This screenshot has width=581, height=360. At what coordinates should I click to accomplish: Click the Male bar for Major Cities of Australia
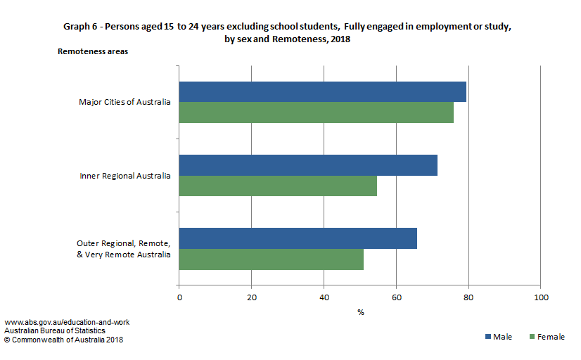click(x=322, y=92)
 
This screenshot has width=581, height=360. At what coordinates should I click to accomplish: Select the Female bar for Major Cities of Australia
click(x=316, y=112)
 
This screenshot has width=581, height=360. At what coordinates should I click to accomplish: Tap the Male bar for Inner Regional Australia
click(x=308, y=165)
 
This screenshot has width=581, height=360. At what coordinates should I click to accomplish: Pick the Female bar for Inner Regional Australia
click(x=278, y=186)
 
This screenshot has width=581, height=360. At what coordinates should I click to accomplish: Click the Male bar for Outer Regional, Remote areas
click(x=298, y=238)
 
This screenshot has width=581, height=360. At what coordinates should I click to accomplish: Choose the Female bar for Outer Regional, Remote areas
click(x=271, y=259)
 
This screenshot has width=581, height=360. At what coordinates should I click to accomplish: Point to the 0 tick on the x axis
click(x=179, y=298)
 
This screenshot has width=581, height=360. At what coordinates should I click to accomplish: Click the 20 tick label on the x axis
click(x=252, y=298)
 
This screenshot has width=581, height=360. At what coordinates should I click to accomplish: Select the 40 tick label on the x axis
click(x=324, y=298)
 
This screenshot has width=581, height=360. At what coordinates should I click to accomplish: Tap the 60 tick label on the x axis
click(x=396, y=298)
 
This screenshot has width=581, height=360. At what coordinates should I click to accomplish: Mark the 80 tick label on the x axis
click(x=468, y=298)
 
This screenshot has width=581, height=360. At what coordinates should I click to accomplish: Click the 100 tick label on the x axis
click(x=540, y=298)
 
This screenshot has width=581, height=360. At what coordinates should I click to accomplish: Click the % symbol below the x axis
click(x=360, y=313)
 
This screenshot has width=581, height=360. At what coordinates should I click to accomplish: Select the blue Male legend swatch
click(x=489, y=337)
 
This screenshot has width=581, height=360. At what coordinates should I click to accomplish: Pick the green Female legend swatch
click(x=532, y=337)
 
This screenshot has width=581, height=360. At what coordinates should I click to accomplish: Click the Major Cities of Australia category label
click(x=124, y=102)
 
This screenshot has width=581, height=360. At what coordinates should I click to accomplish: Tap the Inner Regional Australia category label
click(x=125, y=176)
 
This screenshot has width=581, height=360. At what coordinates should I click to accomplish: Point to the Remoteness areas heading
click(x=93, y=51)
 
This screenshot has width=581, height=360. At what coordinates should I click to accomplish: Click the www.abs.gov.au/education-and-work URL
click(x=67, y=322)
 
